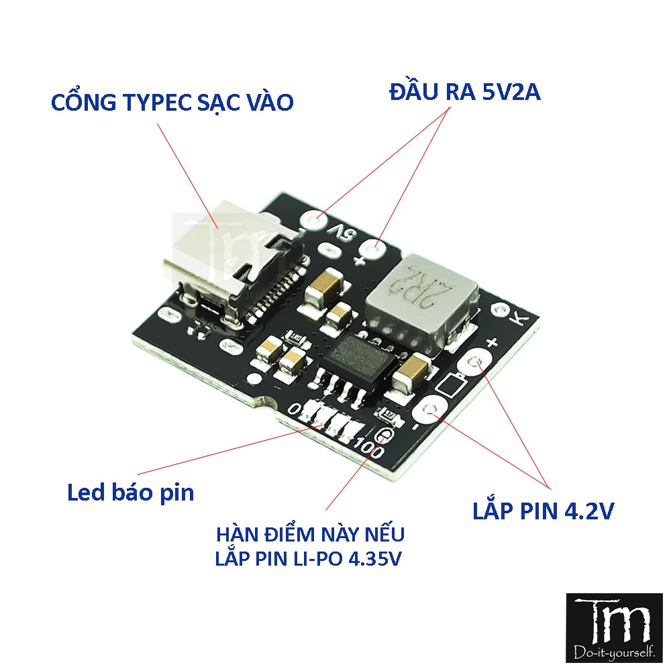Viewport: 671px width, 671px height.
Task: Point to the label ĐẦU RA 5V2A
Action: (464, 93)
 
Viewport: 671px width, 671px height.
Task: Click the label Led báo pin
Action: (130, 493)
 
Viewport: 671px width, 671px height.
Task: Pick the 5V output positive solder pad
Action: (377, 250)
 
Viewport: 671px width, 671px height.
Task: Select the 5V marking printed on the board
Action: (344, 235)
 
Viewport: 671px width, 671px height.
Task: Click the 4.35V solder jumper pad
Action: (384, 435)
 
